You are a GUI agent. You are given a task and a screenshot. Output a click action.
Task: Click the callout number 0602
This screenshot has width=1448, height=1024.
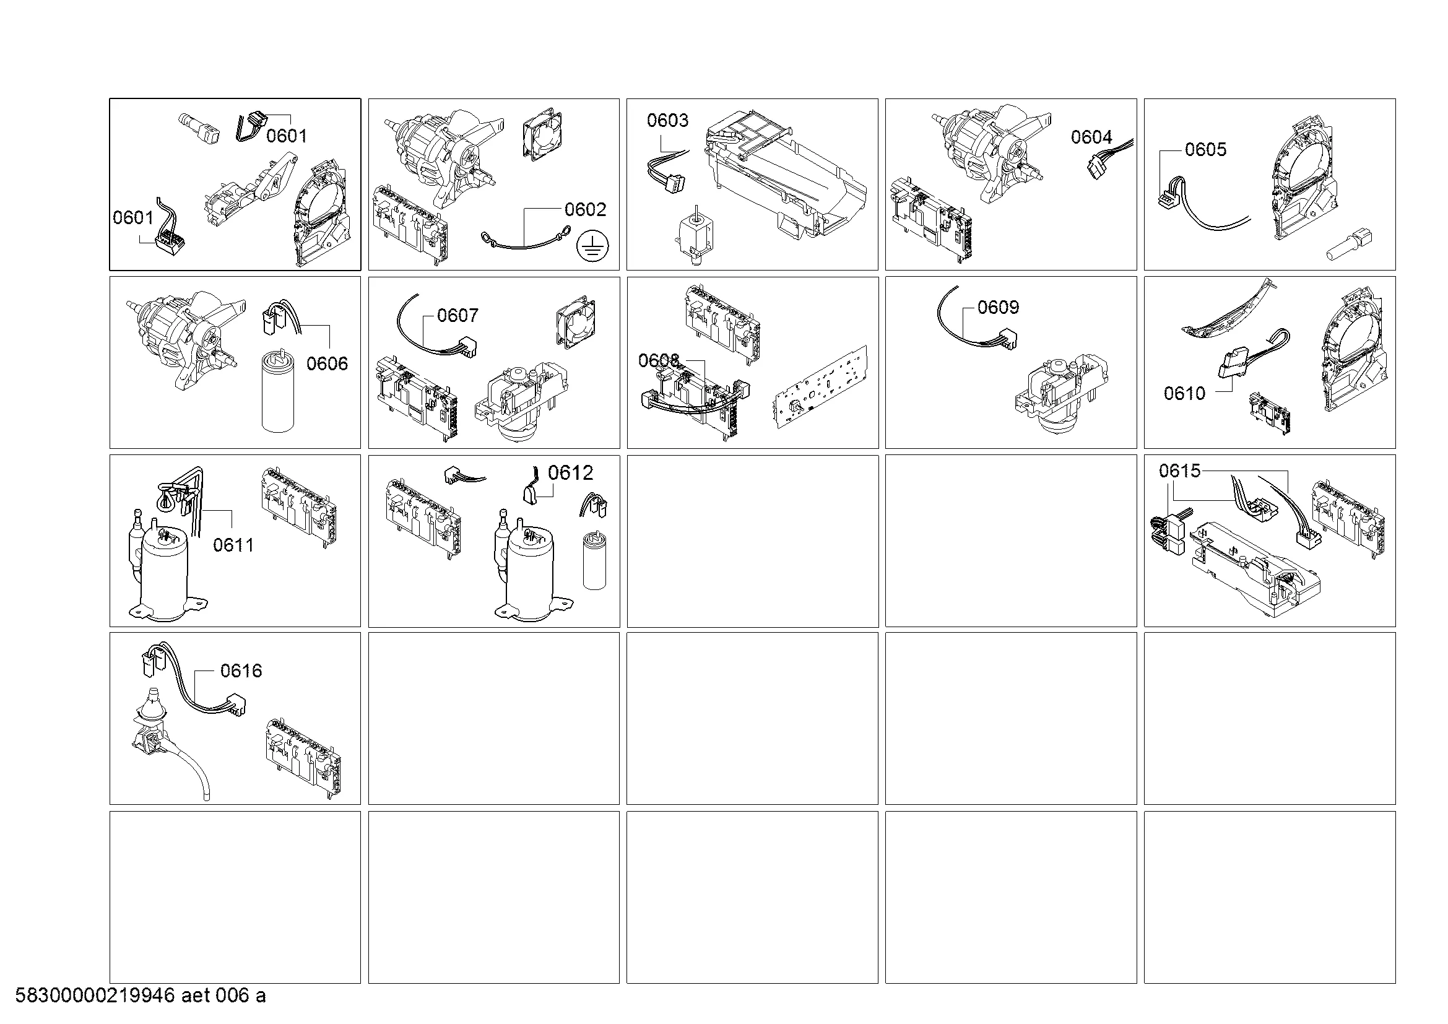(x=585, y=209)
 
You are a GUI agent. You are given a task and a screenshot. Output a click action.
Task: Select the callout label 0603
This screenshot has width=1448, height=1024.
(x=668, y=121)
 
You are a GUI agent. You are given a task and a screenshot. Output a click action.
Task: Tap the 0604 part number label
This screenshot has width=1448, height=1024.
(x=1091, y=137)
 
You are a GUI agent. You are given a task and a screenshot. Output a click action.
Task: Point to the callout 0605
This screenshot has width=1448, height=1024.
(x=1206, y=149)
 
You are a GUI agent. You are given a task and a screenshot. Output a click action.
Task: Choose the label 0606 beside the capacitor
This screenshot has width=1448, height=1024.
(x=327, y=363)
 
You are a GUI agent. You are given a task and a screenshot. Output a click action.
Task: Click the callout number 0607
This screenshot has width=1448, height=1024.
(x=458, y=315)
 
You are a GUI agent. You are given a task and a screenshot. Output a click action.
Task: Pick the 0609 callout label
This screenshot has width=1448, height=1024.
(x=999, y=307)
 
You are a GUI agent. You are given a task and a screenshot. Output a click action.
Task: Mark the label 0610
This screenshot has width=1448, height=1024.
(x=1184, y=394)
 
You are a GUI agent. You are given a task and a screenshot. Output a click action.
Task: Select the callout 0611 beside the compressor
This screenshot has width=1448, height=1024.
(x=233, y=545)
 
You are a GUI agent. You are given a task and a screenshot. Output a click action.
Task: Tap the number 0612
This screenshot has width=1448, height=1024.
(x=571, y=473)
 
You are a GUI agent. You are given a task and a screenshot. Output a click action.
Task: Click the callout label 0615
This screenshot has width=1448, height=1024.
(x=1180, y=471)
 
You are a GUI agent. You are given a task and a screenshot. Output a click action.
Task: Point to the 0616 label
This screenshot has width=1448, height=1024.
(x=241, y=671)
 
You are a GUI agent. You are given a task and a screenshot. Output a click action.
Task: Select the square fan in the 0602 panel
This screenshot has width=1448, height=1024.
(x=542, y=137)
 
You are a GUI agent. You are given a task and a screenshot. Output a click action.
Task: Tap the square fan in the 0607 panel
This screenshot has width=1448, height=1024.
(x=576, y=322)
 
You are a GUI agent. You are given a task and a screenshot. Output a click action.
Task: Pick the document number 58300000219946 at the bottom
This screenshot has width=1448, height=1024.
(x=95, y=996)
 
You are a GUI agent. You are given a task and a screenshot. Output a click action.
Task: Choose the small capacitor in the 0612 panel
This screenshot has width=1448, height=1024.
(x=593, y=560)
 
